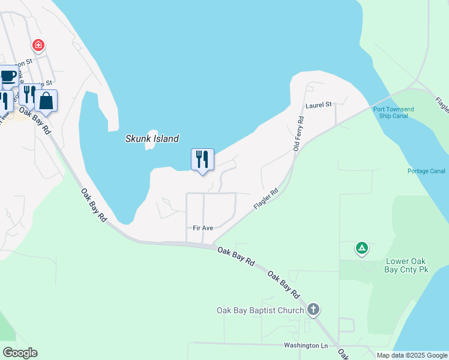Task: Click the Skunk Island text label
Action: point(152,139)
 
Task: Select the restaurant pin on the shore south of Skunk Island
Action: point(202,160)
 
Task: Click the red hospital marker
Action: point(38,46)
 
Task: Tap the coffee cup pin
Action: point(8,76)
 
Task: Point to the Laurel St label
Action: point(318,105)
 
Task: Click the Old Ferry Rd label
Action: point(298,134)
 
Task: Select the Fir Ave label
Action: point(203,228)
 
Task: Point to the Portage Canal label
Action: point(426,171)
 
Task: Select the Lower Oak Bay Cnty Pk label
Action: point(406,265)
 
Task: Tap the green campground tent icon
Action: point(361,247)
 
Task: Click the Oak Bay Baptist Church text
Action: point(261,310)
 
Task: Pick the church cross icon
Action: point(313,310)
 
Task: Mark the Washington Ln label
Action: point(306,346)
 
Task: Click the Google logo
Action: point(20,353)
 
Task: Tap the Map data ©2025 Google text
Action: point(411,355)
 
